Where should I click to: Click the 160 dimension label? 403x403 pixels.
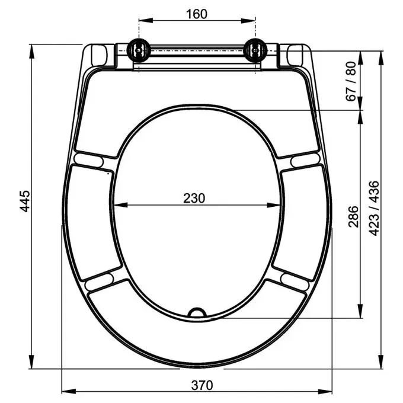click(197, 14)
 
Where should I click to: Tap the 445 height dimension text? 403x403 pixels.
click(25, 201)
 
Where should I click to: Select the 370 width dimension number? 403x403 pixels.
click(202, 385)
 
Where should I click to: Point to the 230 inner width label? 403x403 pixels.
click(194, 198)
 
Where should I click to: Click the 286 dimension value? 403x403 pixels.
click(353, 216)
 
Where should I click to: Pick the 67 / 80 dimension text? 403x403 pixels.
click(351, 81)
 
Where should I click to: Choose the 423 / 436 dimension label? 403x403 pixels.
click(374, 208)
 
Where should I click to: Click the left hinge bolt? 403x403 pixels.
click(138, 50)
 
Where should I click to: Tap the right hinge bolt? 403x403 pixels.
click(255, 50)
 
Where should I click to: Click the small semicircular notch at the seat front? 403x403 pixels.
click(197, 312)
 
